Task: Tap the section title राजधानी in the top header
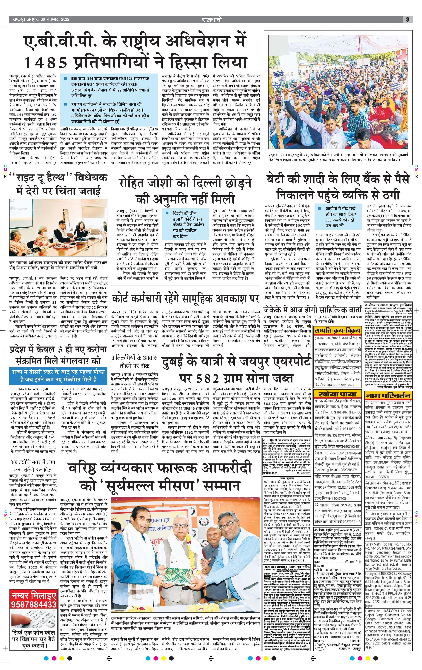[212, 20]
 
